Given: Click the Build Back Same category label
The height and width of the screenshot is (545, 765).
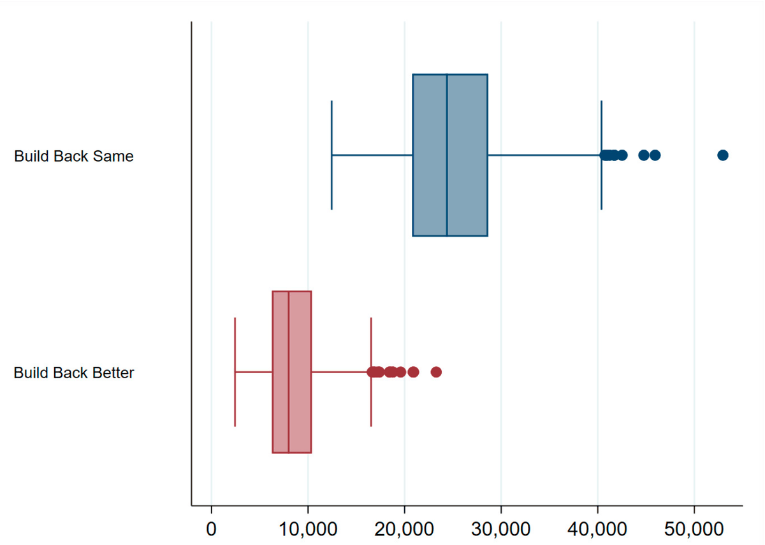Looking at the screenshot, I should (74, 156).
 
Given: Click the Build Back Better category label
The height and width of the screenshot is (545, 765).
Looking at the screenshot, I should (74, 372).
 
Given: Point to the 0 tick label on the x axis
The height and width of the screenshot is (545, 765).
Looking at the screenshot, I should (212, 528).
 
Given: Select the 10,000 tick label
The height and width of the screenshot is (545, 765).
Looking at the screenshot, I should (308, 528).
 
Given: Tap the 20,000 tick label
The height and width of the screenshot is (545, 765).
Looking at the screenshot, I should (404, 528).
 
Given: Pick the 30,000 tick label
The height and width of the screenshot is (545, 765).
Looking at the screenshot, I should (501, 528).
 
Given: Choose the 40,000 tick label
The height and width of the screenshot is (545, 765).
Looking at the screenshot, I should (597, 528).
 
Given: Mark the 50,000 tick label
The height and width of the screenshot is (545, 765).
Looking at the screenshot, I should (694, 528).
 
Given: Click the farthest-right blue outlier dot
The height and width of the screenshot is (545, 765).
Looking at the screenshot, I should (722, 155).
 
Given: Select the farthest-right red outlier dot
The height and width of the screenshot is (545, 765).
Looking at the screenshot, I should (436, 372).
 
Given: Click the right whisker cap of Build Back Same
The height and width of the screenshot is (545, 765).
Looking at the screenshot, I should (601, 127).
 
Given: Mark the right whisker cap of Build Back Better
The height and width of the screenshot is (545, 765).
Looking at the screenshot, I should (371, 344).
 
